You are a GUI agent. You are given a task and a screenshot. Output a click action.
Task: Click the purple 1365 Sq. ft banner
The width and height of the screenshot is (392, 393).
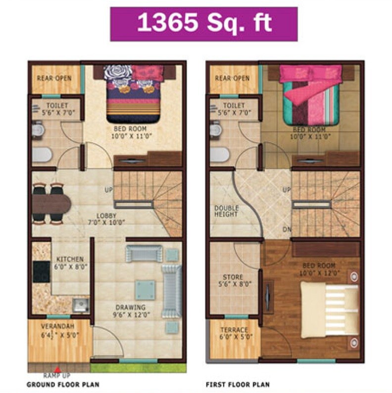point(204,24)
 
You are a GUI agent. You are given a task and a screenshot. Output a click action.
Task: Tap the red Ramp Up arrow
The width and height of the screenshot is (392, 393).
point(57,369)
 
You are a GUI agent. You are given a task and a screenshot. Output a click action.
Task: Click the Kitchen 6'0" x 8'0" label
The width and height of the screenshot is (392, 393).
point(70,263)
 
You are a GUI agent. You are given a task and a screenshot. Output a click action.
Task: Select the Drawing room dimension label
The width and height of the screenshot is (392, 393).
point(132,314)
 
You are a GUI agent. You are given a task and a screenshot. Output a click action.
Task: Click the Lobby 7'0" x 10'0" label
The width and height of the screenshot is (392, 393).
point(106,219)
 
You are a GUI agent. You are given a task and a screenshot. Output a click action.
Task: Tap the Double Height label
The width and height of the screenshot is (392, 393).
point(226,211)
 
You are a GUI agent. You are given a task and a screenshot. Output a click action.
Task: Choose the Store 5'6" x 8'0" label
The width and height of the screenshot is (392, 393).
point(233,281)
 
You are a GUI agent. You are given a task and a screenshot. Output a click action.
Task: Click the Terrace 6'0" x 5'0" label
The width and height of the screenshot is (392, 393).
point(236,333)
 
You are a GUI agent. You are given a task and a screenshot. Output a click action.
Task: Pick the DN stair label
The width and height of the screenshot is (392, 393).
point(287,229)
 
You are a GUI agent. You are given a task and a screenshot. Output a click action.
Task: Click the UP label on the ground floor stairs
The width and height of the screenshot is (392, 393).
point(108,190)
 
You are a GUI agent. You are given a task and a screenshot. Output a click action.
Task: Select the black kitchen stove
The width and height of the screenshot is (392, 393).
point(41,272)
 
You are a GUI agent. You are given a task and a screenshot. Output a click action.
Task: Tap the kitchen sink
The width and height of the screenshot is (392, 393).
point(80,305)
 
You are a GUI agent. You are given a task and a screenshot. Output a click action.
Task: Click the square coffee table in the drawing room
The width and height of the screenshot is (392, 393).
point(145,290)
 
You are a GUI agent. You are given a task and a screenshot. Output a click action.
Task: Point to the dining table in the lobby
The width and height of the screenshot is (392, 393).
point(52,203)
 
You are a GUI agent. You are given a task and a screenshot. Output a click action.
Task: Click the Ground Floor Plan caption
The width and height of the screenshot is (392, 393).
point(63,384)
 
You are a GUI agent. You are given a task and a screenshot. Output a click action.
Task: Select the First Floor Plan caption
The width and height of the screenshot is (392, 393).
point(238,384)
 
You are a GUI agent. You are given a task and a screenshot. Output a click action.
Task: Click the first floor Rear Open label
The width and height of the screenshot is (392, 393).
point(232,78)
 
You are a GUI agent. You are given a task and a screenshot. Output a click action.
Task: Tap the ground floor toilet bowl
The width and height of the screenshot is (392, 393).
point(42,155)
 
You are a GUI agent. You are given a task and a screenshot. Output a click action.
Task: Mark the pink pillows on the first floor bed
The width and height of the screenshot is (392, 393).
point(310,73)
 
